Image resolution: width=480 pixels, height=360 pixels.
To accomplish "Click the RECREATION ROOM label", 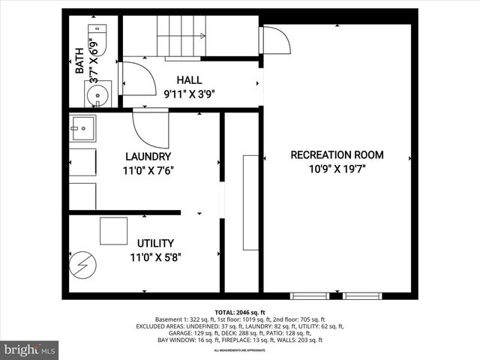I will [x=337, y=155].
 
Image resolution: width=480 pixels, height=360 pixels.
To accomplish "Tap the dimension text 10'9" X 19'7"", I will [x=337, y=169].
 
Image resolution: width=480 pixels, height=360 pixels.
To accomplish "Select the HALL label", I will [x=189, y=80].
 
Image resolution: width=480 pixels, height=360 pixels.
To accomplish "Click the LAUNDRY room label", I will [x=148, y=157].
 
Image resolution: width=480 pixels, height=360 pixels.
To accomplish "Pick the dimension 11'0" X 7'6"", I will [x=148, y=170].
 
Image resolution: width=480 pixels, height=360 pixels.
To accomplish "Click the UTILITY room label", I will [x=155, y=243].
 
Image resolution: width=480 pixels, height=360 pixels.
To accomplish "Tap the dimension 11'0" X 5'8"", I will [x=155, y=257].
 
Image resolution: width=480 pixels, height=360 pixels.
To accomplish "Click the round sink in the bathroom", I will [x=96, y=94].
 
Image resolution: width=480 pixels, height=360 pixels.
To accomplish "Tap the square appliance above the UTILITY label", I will [x=113, y=230].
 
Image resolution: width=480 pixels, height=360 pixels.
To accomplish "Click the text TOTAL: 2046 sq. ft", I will [x=240, y=312].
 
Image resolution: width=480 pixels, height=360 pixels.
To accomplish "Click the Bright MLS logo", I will [x=30, y=349].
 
